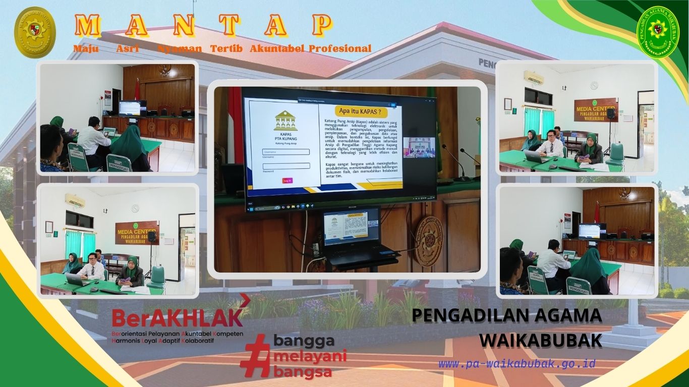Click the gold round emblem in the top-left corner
35,32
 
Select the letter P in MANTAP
321,25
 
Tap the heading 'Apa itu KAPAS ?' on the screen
359,111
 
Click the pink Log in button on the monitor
287,180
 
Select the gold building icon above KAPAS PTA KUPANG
285,121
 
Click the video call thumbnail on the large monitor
419,148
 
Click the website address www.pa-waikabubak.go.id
517,364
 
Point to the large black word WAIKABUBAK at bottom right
540,340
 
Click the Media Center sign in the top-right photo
596,110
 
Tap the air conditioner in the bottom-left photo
75,201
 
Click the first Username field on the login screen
286,152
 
